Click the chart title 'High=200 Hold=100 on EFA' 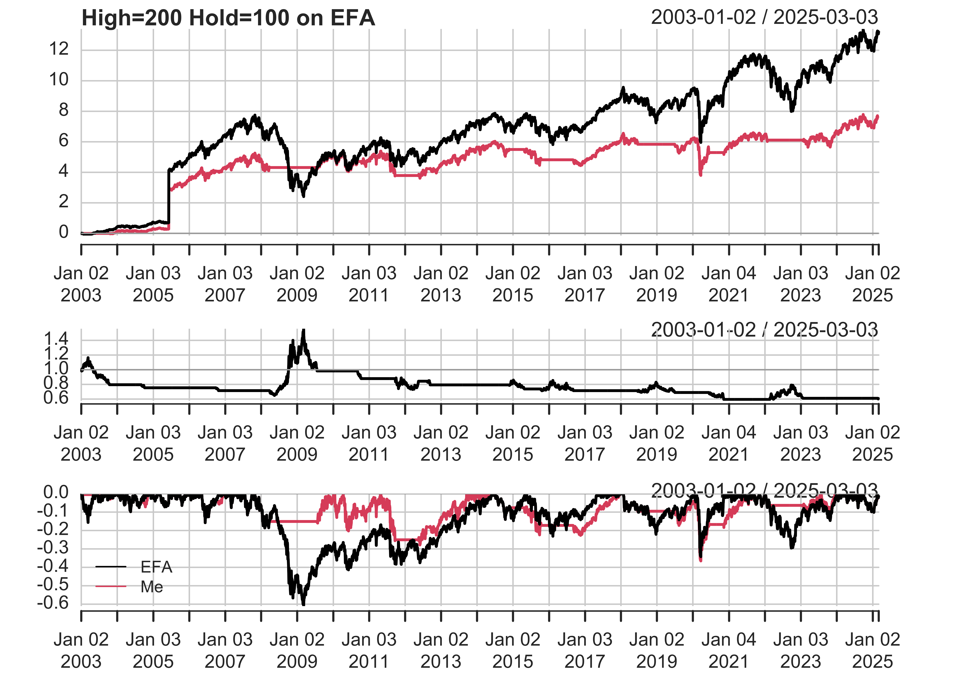click(228, 18)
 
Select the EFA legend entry click(156, 567)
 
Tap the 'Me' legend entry click(152, 587)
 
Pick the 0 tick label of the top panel click(63, 232)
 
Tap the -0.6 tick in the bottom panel click(53, 603)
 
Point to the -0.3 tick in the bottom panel click(53, 548)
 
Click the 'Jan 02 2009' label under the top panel click(297, 284)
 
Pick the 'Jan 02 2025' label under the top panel click(872, 284)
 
